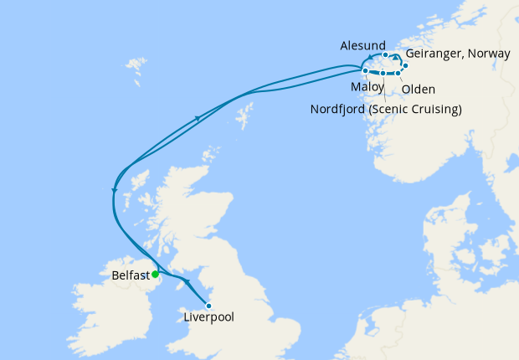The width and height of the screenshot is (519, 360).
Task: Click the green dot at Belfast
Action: click(155, 274)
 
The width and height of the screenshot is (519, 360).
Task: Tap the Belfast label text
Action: click(130, 275)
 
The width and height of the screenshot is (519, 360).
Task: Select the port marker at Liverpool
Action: click(208, 306)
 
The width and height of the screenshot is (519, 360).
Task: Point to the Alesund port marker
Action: click(385, 54)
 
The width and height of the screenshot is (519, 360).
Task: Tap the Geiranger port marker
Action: click(404, 65)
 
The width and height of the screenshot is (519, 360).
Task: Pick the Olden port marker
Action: click(398, 75)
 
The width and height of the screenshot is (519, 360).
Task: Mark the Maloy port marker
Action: click(366, 71)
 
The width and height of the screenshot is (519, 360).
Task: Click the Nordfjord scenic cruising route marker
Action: click(383, 74)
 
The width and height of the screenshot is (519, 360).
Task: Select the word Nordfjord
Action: click(344, 109)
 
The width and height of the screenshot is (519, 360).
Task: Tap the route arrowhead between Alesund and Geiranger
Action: click(396, 57)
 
